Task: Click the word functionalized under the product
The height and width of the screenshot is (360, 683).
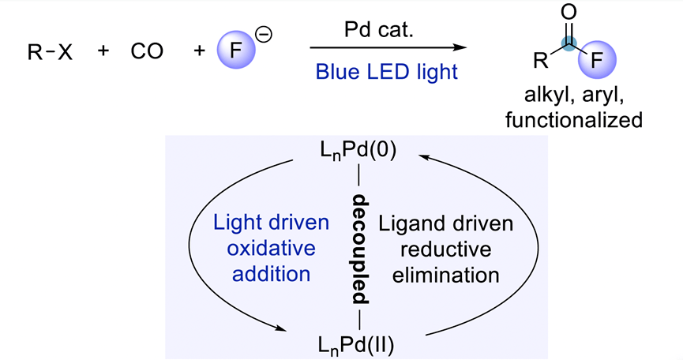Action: (x=583, y=122)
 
